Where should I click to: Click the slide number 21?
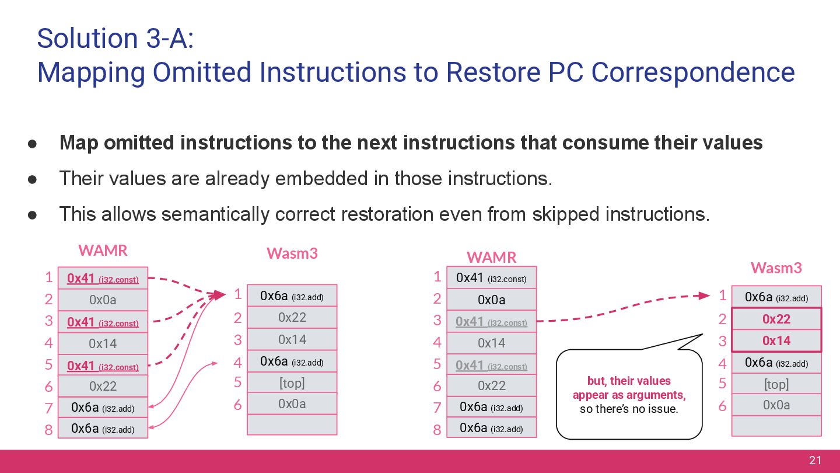tap(815, 461)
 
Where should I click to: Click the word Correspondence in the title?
tap(692, 72)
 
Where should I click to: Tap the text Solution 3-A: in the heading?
tap(115, 38)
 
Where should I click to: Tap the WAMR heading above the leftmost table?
tap(103, 251)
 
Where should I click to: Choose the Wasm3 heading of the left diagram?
tap(292, 253)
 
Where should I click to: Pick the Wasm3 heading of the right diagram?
tap(776, 268)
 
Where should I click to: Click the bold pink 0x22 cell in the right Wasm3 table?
tap(776, 319)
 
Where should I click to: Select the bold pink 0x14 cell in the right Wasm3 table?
tap(776, 341)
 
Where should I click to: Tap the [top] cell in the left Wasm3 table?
tap(292, 382)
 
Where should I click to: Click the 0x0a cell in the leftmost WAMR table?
tap(103, 300)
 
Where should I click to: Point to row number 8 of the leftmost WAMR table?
tap(48, 430)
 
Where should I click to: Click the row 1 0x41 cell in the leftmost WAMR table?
tap(103, 279)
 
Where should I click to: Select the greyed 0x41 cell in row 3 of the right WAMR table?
tap(491, 322)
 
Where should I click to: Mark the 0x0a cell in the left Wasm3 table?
tap(292, 404)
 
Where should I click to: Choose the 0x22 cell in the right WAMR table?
tap(491, 385)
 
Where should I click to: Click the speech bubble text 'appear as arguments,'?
tap(629, 395)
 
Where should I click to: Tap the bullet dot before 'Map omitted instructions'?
tap(33, 143)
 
